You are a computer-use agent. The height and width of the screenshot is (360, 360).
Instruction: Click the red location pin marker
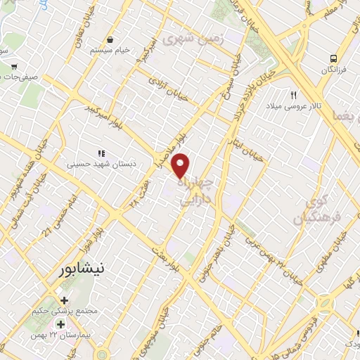point(181,165)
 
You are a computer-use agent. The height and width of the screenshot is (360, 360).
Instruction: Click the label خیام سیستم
point(110,51)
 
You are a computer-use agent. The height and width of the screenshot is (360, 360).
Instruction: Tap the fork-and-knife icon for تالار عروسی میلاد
point(295,94)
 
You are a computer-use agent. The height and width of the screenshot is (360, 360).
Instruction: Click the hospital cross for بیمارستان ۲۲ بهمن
point(60,325)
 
